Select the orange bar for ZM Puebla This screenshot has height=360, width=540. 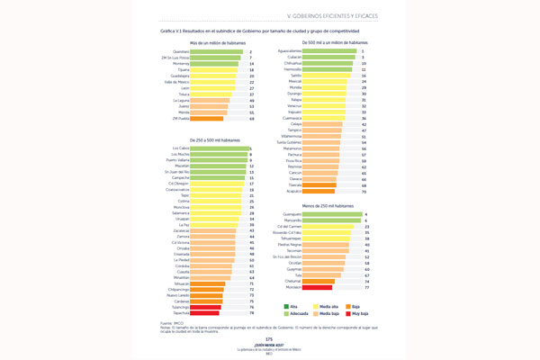click(x=206, y=118)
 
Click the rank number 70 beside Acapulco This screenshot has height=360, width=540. click(x=364, y=191)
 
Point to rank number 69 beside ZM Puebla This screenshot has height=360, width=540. click(x=251, y=118)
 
